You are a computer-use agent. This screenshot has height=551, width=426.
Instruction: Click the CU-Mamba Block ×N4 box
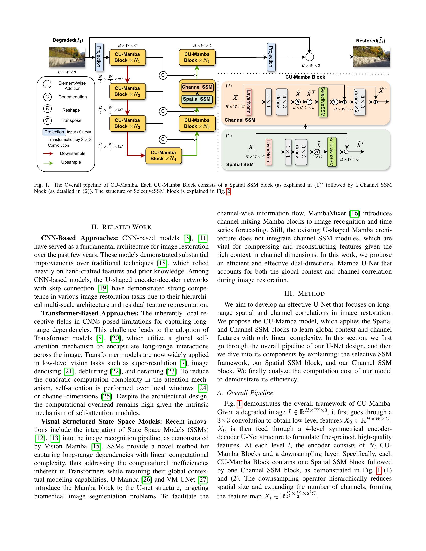164,156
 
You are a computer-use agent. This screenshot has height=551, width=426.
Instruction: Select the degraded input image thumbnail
67,57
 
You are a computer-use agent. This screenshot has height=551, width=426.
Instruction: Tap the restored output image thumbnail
371,57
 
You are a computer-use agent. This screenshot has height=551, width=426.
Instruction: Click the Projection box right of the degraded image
99,57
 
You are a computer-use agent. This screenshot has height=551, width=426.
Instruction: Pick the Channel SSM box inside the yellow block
197,87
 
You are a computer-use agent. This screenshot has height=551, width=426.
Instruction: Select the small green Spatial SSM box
197,99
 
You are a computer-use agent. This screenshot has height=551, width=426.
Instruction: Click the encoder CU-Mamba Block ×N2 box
128,91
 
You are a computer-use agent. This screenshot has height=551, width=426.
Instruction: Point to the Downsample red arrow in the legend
48,153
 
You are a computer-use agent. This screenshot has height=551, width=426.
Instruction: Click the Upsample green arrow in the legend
48,163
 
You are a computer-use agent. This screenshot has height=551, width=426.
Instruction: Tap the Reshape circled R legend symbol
47,109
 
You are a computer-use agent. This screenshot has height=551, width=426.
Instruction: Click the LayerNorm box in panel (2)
249,102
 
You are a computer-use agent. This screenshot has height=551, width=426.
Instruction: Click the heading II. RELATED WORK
121,227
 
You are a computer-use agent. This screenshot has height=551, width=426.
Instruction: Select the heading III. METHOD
304,294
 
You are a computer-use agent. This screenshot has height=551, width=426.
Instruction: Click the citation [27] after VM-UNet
203,479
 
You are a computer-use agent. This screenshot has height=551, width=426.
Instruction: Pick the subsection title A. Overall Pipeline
245,393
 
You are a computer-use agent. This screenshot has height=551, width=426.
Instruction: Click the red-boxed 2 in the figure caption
228,192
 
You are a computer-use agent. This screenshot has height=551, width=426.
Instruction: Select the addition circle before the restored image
310,57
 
